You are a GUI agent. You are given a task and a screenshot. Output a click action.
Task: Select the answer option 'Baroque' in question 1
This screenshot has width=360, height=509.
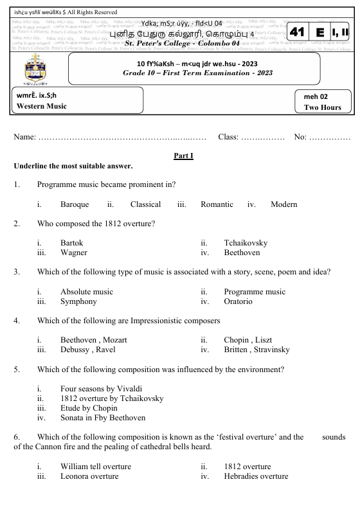click(x=75, y=204)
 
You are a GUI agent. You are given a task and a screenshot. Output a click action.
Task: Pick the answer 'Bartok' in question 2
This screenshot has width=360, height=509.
click(x=72, y=243)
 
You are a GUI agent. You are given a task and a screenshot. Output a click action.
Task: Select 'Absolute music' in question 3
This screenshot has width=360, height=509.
click(x=86, y=292)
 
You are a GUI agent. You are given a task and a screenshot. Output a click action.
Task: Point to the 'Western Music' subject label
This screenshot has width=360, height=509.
click(x=42, y=106)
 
